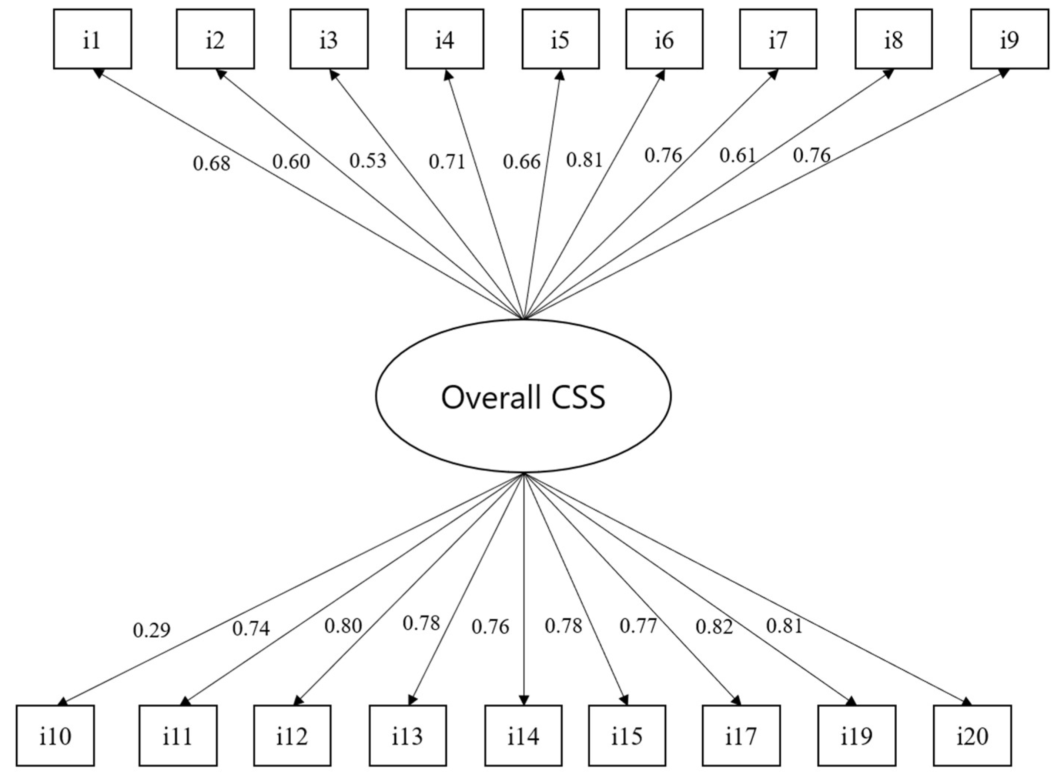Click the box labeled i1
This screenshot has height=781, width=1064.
click(x=92, y=39)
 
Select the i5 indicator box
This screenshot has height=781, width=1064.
click(x=560, y=39)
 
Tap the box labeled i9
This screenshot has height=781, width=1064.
click(x=1009, y=39)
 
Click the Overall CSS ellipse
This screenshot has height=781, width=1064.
click(x=523, y=396)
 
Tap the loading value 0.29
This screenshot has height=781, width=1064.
click(x=152, y=630)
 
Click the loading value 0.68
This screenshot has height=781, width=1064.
click(x=211, y=164)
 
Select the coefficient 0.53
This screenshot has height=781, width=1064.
click(x=368, y=161)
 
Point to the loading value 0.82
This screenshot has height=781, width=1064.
click(x=714, y=627)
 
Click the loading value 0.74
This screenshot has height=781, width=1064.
click(x=251, y=628)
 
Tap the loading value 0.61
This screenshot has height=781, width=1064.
click(x=737, y=155)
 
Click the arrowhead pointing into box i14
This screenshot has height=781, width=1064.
click(x=523, y=700)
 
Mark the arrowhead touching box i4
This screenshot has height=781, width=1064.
click(x=447, y=74)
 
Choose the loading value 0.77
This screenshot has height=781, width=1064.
click(x=638, y=626)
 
